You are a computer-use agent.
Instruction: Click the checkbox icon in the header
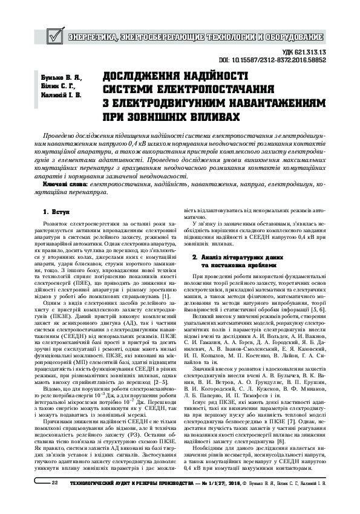(x=53, y=37)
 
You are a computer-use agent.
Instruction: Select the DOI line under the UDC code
(x=280, y=61)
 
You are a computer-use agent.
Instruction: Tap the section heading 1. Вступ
(x=57, y=212)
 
